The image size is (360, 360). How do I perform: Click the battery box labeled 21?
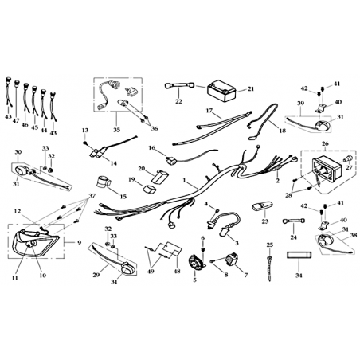coord(221,91)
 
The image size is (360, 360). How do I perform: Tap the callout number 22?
coord(178,101)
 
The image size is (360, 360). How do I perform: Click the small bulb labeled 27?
coord(348,159)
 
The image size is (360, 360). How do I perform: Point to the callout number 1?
coord(184,180)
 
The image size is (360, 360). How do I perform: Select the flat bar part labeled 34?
coord(299,255)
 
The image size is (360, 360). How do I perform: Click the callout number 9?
coord(80,242)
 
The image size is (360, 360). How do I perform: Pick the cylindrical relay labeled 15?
coord(103,182)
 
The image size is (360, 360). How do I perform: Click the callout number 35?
coord(117,130)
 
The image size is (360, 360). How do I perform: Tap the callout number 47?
coord(16,120)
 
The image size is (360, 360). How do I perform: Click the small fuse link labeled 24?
coord(293,221)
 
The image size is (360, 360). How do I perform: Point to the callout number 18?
coord(283,131)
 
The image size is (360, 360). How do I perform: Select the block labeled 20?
coord(160,176)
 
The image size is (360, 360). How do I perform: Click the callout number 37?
coord(92,196)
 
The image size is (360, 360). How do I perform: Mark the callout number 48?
coord(177,271)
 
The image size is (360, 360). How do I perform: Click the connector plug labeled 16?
coord(170,160)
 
